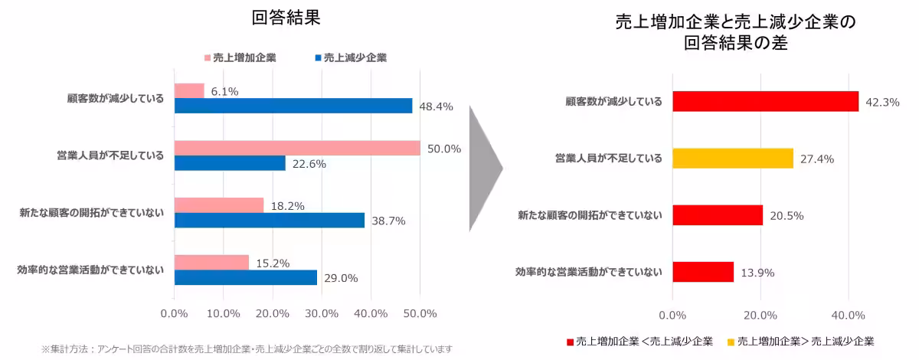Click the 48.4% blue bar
tap(293, 106)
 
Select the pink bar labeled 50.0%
tap(297, 149)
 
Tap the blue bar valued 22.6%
tap(230, 163)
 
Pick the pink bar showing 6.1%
tap(189, 91)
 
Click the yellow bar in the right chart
tap(733, 159)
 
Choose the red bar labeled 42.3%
tap(766, 101)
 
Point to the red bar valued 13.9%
tap(703, 272)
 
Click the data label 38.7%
tap(388, 221)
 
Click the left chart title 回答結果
tap(286, 18)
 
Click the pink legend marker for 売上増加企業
tap(208, 57)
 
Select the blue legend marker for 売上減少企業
tap(318, 57)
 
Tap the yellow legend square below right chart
tap(731, 341)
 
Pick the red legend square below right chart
tap(569, 341)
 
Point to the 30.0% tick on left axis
tap(322, 313)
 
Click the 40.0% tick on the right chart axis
tap(848, 315)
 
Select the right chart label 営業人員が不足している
tap(608, 159)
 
